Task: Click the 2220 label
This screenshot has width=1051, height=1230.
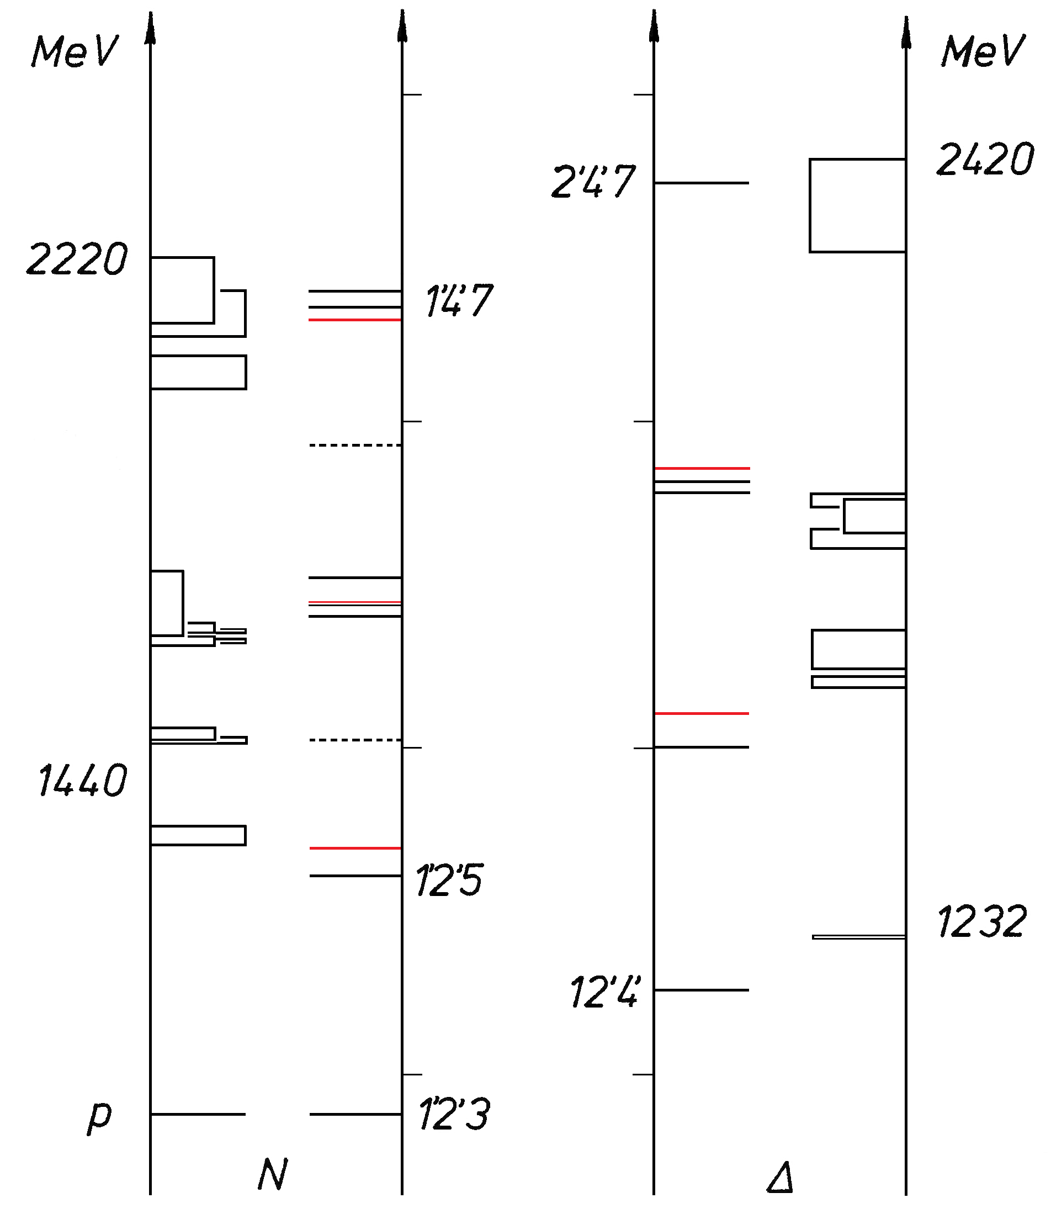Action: click(x=77, y=259)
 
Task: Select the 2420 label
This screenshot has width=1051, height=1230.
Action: click(x=985, y=160)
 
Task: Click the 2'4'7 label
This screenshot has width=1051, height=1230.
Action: click(x=593, y=181)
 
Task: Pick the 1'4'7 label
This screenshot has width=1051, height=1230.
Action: click(x=459, y=300)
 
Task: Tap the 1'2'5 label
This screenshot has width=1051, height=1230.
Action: click(x=449, y=880)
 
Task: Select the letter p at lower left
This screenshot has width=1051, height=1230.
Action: click(x=100, y=1118)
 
